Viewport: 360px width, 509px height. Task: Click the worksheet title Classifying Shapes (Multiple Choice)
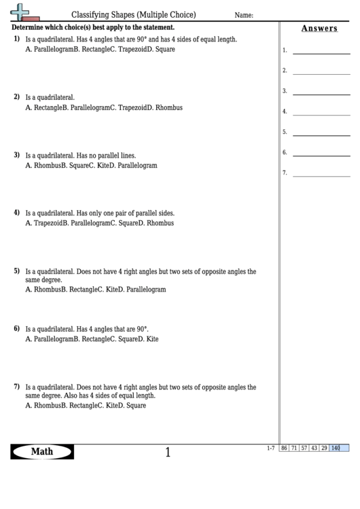[x=134, y=14]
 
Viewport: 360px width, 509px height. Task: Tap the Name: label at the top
[x=244, y=15]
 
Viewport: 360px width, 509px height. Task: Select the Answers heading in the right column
[x=319, y=28]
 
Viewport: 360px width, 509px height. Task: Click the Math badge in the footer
[x=42, y=451]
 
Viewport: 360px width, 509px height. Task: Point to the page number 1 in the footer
[x=168, y=452]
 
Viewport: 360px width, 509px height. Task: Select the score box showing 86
[x=285, y=448]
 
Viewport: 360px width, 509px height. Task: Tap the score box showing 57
[x=305, y=448]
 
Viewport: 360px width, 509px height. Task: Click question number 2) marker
[x=17, y=97]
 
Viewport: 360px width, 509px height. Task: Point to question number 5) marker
[x=17, y=270]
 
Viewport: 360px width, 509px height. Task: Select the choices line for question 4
[x=99, y=222]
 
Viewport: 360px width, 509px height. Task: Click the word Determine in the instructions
[x=30, y=27]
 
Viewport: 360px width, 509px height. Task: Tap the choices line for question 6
[x=92, y=338]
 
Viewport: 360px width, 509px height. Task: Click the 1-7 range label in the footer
[x=271, y=448]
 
